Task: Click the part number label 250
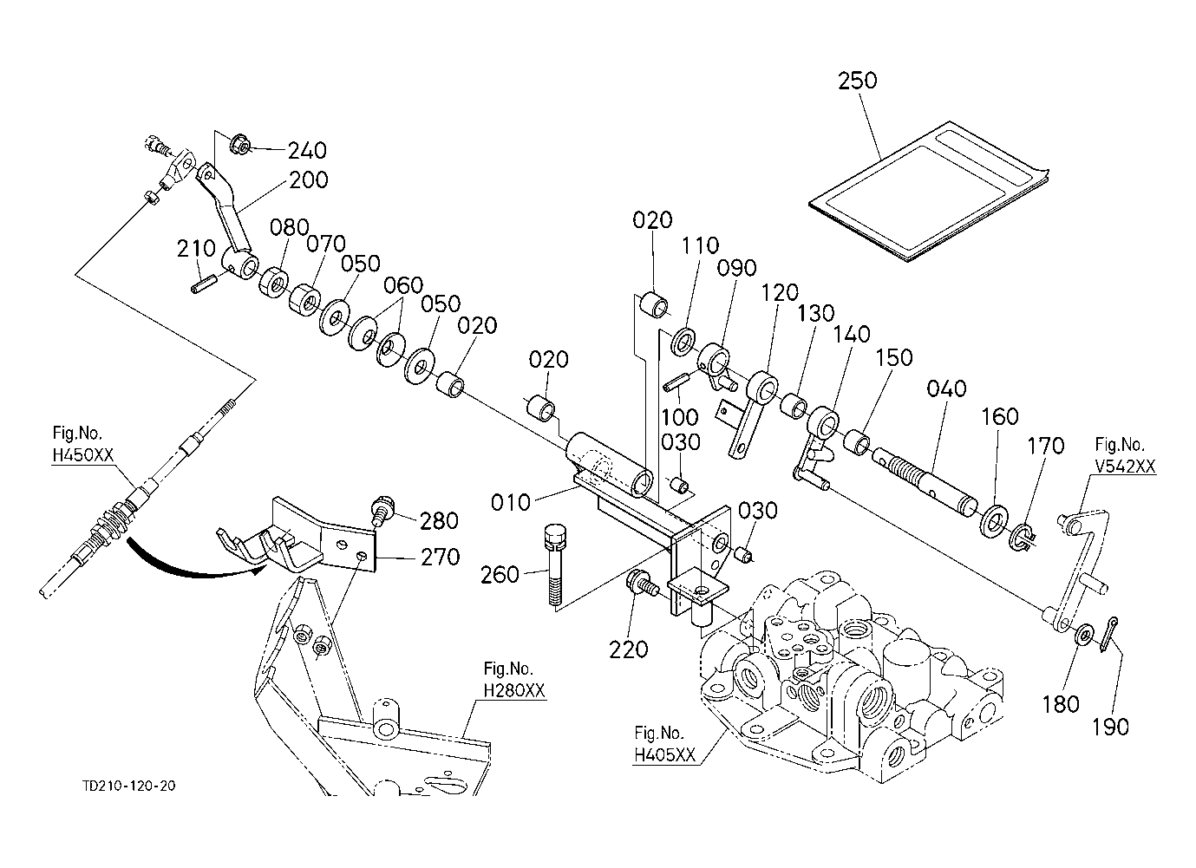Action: [x=858, y=81]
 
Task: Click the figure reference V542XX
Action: [x=1125, y=466]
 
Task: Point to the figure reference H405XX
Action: [x=665, y=754]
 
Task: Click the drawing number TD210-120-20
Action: [x=129, y=786]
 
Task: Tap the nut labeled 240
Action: [x=241, y=147]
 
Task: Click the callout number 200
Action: [x=309, y=179]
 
